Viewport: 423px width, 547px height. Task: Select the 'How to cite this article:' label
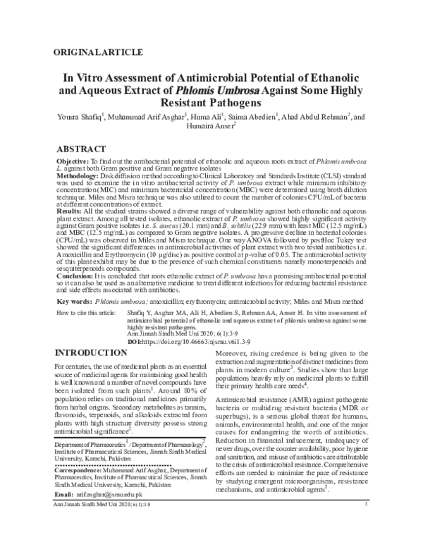[x=88, y=311]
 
